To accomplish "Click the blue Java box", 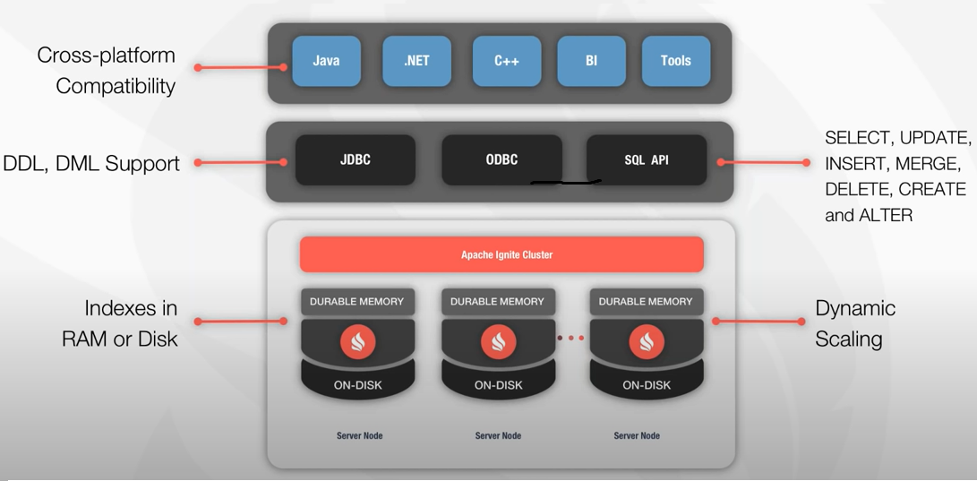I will click(326, 61).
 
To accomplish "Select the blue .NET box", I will click(416, 61).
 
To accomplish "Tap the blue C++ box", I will click(507, 61).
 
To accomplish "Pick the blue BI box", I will click(591, 61).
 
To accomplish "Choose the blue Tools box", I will click(676, 61).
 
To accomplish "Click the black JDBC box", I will click(356, 160).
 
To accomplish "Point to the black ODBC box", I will click(501, 160).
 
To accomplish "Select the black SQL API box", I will click(647, 160).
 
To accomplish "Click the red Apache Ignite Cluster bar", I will click(501, 254).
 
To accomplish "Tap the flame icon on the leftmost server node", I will click(356, 340).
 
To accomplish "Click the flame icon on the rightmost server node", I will click(647, 340).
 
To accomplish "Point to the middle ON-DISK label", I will click(498, 385).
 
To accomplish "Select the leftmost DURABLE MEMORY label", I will click(356, 302).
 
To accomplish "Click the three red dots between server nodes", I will click(570, 338).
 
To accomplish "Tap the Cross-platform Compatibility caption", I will click(106, 71).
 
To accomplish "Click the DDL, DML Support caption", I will click(91, 164).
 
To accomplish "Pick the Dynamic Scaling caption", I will click(854, 323).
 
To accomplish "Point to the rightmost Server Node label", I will click(637, 435).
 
